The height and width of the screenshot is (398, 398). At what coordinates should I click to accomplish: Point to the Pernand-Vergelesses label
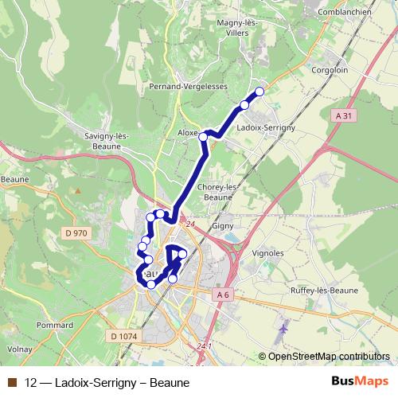[188, 86]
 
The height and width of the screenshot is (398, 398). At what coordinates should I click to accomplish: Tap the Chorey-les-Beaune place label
[217, 192]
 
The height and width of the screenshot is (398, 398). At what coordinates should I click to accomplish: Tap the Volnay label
[21, 349]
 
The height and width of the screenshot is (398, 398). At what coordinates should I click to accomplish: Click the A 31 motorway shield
[343, 115]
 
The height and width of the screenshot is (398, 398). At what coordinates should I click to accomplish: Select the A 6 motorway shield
[224, 295]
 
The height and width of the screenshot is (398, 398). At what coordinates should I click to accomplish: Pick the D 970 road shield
[76, 233]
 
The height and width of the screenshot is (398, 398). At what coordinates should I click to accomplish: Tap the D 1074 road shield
[124, 337]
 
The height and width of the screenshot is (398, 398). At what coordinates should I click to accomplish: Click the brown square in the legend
[11, 382]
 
